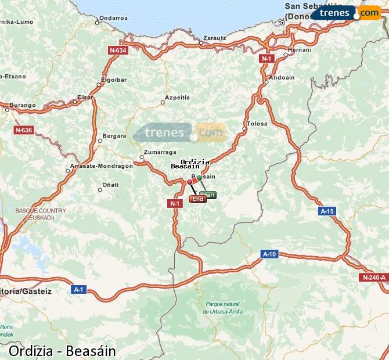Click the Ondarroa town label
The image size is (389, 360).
pos(114,17)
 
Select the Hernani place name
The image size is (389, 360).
pos(300,50)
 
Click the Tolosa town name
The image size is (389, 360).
pos(257,124)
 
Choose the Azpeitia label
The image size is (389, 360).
pos(177,97)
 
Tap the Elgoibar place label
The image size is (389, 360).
pos(114,78)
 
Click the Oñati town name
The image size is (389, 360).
pos(110,185)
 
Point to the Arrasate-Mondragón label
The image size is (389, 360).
pos(102,165)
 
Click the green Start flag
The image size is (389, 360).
pos(207,195)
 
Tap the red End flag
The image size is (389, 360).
pos(197,199)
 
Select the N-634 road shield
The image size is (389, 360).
pos(117,51)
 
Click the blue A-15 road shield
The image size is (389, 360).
pos(327,211)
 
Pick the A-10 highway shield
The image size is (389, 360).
pos(269,254)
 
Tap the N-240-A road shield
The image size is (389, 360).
pos(373,278)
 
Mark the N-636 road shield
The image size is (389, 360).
pos(24,129)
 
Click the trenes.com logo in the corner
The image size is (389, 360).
pos(346,13)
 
